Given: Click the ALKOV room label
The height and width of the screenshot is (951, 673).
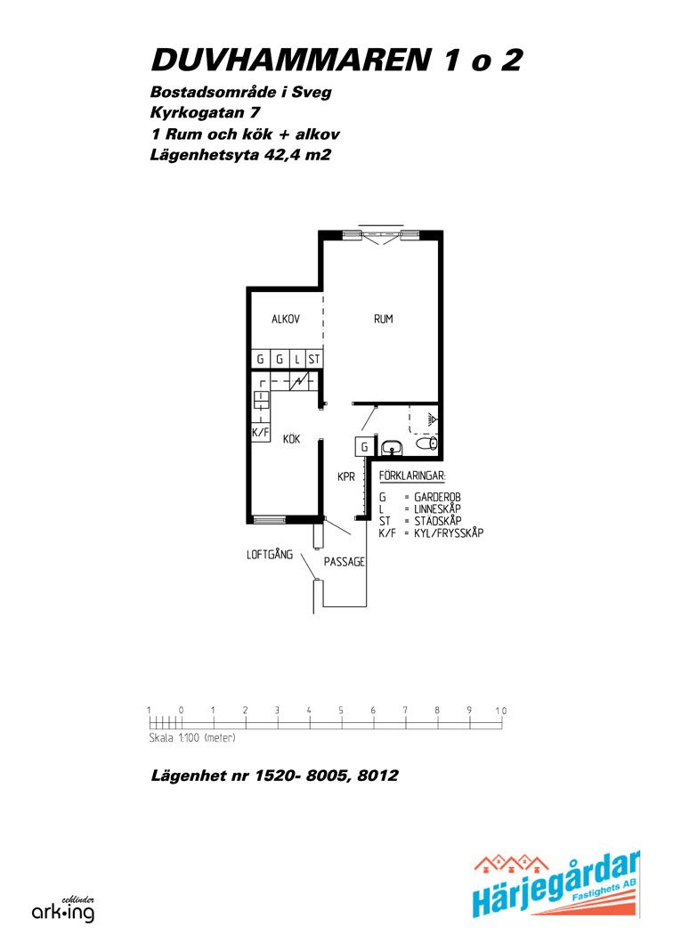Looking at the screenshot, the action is point(286,319).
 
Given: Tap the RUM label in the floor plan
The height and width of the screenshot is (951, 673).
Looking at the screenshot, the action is point(383,319).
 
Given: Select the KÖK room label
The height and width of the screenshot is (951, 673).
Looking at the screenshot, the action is point(292,438).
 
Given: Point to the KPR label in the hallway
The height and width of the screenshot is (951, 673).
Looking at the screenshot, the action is point(346,477).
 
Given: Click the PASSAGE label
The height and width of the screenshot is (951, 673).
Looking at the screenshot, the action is point(345,562).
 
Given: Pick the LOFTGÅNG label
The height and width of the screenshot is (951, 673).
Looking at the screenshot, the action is point(270,555).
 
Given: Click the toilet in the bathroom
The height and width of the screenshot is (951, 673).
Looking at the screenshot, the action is point(427,443).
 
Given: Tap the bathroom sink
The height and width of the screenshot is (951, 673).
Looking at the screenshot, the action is point(393,448).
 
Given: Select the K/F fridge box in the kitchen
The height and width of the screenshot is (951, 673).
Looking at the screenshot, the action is point(261,433).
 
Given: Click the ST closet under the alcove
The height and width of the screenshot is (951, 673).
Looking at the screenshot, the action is point(313,359).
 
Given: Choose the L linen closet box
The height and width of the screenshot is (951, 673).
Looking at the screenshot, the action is point(297,359).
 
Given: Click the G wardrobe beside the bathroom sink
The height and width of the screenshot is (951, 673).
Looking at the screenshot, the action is point(364,447).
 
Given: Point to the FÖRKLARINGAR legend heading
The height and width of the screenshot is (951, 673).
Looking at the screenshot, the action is point(412,475).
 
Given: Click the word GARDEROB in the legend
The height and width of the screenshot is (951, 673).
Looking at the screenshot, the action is point(437,498).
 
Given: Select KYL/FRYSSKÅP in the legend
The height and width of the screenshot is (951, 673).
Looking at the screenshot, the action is point(449,533).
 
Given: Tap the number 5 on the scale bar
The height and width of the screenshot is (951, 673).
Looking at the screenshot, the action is point(341,711).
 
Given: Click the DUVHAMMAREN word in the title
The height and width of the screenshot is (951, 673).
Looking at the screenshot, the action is point(290,61).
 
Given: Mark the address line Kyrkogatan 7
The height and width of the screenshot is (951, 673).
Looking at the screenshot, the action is point(206,113).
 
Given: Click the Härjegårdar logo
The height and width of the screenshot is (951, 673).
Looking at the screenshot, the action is point(556,885).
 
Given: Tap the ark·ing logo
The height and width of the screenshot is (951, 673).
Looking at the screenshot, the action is point(63,910).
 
